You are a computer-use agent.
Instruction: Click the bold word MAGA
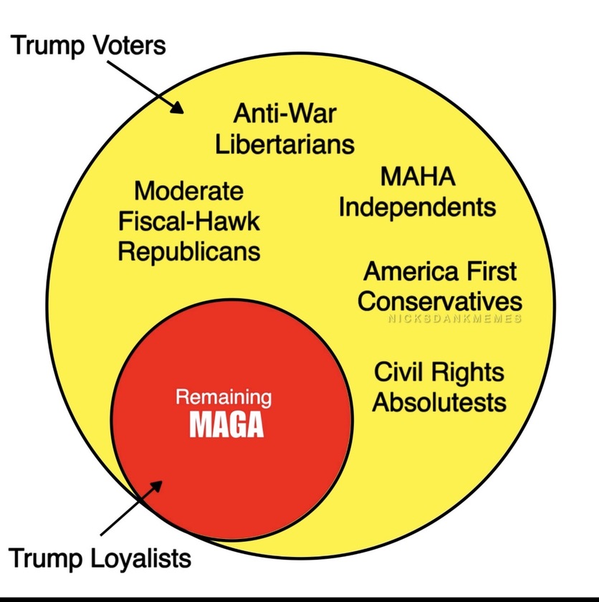tap(226, 424)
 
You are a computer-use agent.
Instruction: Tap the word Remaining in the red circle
tap(224, 397)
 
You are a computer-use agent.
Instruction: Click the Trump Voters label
tap(88, 46)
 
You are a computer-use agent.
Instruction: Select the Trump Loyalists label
tap(100, 558)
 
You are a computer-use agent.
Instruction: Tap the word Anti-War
tap(285, 113)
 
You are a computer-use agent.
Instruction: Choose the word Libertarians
tap(285, 143)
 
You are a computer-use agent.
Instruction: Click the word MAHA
tap(418, 176)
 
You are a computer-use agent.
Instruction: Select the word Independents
tap(418, 207)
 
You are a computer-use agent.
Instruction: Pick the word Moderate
tap(189, 191)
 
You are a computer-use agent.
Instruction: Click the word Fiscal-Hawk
tap(189, 221)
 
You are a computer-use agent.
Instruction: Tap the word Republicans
tap(189, 252)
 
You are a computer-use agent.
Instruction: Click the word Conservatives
tap(440, 301)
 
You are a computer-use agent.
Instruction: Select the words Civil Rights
tap(439, 372)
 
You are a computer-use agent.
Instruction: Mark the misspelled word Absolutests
tap(439, 402)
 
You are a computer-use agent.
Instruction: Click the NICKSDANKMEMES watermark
tap(455, 319)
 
